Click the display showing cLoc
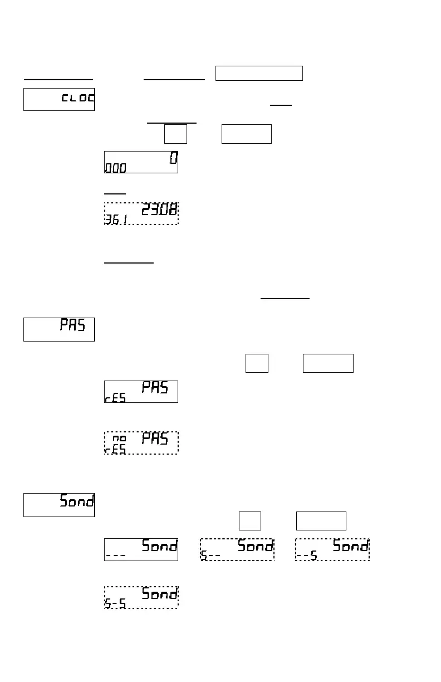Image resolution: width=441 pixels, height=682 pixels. [59, 99]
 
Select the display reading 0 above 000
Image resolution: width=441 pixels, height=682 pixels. [141, 162]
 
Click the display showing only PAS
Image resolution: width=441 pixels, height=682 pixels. [59, 329]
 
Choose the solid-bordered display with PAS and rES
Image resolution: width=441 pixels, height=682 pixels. [141, 392]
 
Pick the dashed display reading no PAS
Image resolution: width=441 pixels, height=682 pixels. [141, 443]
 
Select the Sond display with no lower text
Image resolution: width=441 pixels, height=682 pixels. [59, 505]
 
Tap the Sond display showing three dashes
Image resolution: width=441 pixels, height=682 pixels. [141, 549]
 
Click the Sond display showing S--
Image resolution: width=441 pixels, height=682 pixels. [237, 549]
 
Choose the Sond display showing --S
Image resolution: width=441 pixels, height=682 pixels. [332, 549]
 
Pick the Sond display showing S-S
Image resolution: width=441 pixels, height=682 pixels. [141, 597]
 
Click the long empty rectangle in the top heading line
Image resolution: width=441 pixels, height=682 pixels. [259, 73]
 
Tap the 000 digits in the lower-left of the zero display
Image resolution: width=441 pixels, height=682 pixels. [115, 168]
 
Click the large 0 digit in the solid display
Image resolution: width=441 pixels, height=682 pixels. [173, 158]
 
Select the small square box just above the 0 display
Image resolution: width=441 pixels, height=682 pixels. [175, 134]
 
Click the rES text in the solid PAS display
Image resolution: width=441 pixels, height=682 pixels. [115, 398]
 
